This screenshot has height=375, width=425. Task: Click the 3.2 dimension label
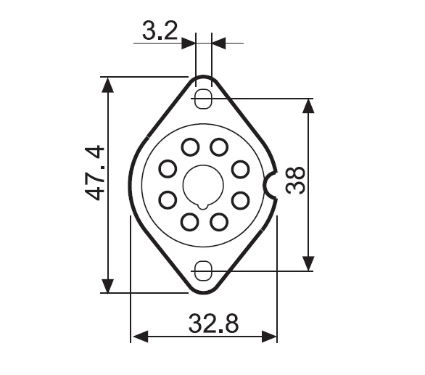pos(160,30)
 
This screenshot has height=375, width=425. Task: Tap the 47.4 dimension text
pos(94,173)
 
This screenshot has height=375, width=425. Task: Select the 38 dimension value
pos(295,181)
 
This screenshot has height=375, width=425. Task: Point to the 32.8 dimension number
pos(213,324)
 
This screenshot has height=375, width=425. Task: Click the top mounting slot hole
pos(204,99)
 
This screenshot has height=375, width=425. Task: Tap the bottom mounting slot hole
pos(203,271)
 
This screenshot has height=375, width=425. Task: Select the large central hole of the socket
pos(203,186)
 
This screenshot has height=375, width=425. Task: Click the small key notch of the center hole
pos(203,207)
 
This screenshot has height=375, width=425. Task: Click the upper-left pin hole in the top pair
pos(190,147)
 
